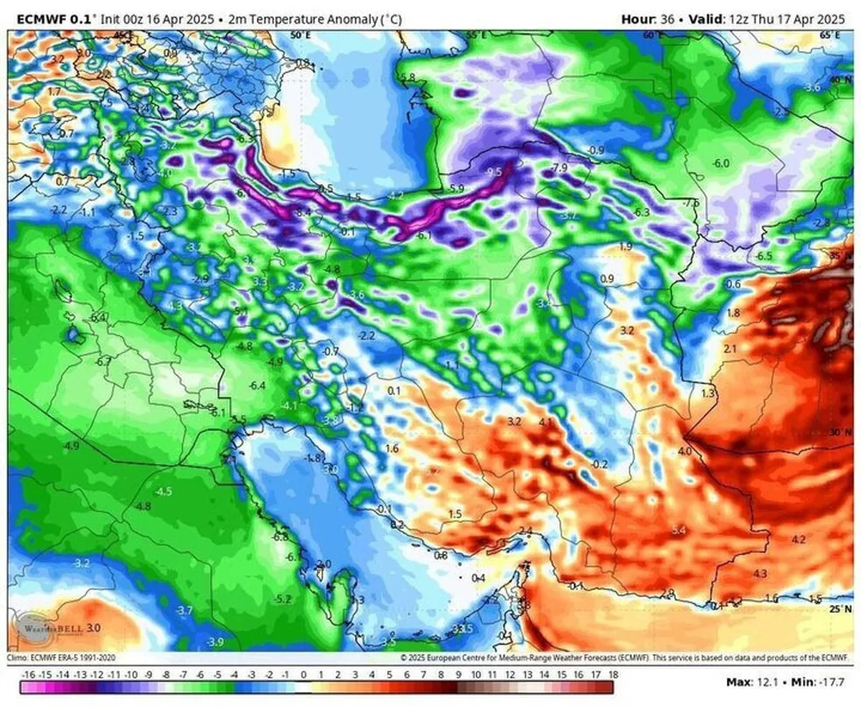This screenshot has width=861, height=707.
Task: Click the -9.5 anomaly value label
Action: (x=494, y=173)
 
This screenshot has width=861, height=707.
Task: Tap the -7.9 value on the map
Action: (x=559, y=168)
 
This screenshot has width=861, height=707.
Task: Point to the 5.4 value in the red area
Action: (x=679, y=530)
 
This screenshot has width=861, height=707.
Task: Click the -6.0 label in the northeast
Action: (x=721, y=164)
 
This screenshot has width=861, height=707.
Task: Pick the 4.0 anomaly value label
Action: (x=684, y=451)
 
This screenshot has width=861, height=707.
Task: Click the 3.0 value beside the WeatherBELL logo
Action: (x=93, y=628)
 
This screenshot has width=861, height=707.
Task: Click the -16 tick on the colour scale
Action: (x=29, y=675)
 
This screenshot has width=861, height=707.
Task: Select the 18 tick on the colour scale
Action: (x=613, y=675)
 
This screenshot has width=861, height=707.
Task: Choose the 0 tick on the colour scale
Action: (x=304, y=675)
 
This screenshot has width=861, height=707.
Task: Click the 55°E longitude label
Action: (x=476, y=35)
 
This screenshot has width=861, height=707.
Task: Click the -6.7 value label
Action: (x=103, y=362)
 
